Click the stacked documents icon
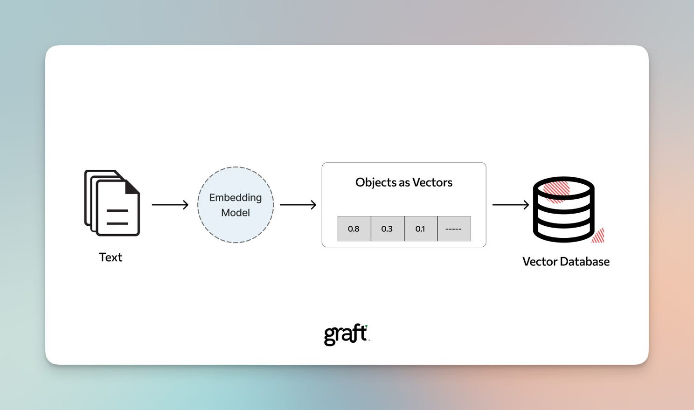[112, 203]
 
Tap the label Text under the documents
[111, 257]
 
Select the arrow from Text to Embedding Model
[170, 205]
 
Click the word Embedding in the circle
[235, 198]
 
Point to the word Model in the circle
[235, 213]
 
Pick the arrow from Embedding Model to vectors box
[298, 205]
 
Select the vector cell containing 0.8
[354, 229]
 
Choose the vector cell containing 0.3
[387, 229]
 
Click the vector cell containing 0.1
[421, 229]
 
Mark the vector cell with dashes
[454, 229]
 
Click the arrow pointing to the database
[511, 205]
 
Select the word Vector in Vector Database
[540, 262]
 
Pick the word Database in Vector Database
[585, 262]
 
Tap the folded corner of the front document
[132, 187]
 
